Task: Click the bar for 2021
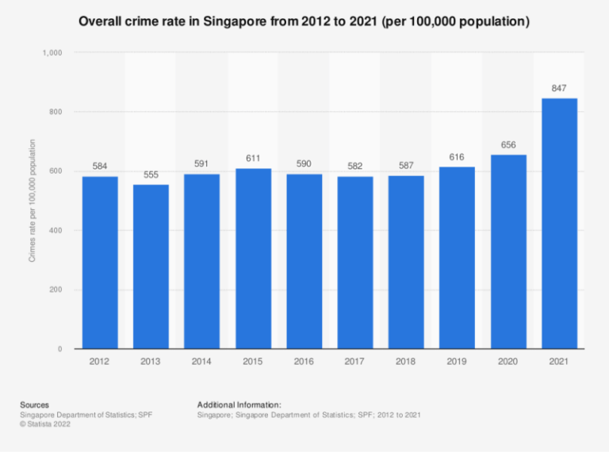559,224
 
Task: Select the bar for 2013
151,266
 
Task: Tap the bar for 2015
253,259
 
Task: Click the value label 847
559,88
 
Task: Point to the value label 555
151,174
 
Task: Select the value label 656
508,144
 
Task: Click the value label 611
253,158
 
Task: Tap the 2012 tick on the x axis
100,362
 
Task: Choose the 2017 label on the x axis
354,362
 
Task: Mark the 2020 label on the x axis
508,362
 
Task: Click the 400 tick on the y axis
56,231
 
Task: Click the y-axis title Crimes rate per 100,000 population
33,201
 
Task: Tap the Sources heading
34,404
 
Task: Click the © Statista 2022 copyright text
47,424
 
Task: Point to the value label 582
354,167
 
